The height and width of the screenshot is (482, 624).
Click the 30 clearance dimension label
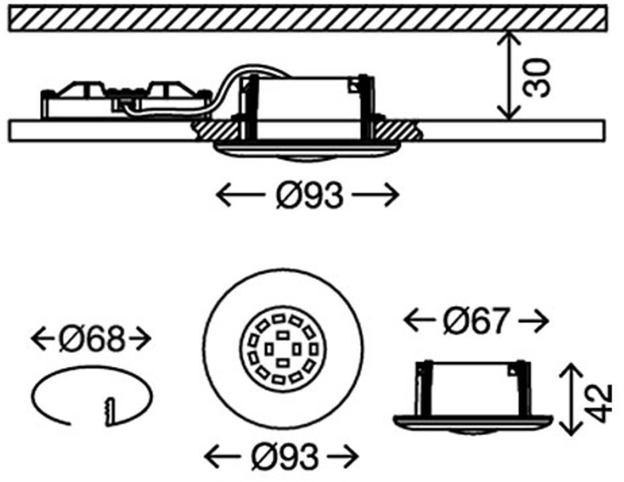tap(536, 78)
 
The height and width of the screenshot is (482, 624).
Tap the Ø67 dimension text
tap(476, 320)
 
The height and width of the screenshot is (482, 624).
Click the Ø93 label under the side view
tap(309, 195)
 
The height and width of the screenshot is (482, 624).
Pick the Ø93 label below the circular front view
tap(285, 456)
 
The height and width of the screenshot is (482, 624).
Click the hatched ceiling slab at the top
tap(308, 18)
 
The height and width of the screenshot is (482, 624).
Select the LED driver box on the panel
tap(126, 100)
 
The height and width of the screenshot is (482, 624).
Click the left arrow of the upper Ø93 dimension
tap(240, 195)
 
